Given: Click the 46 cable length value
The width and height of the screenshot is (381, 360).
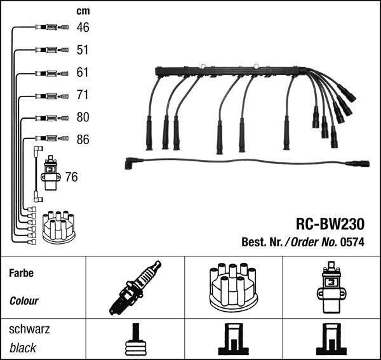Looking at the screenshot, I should click(83, 27).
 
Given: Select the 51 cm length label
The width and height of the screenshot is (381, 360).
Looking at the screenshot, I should click(83, 50).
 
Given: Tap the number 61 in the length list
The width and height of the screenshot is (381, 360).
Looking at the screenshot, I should click(83, 72).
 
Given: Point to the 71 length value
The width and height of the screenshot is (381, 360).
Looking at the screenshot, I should click(83, 95).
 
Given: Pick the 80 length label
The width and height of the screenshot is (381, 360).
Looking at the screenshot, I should click(83, 117).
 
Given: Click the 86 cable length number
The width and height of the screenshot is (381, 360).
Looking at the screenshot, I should click(83, 140).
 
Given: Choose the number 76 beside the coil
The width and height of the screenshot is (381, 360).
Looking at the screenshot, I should click(71, 177).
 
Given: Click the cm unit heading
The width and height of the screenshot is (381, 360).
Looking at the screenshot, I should click(83, 11).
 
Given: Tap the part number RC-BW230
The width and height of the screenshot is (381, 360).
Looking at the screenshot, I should click(330, 224).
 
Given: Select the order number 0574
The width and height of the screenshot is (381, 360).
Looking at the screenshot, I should click(352, 242).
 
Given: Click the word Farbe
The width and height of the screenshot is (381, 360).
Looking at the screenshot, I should click(21, 274).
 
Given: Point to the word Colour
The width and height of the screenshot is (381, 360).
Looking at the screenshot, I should click(24, 301).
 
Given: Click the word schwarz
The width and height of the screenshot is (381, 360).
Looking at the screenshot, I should click(29, 330).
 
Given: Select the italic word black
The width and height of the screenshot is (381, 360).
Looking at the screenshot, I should click(23, 348).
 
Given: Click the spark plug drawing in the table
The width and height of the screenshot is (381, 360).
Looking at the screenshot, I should click(135, 288).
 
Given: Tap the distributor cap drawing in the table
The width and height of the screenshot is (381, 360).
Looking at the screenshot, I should click(233, 287).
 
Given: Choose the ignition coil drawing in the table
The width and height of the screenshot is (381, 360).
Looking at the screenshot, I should click(331, 288).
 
